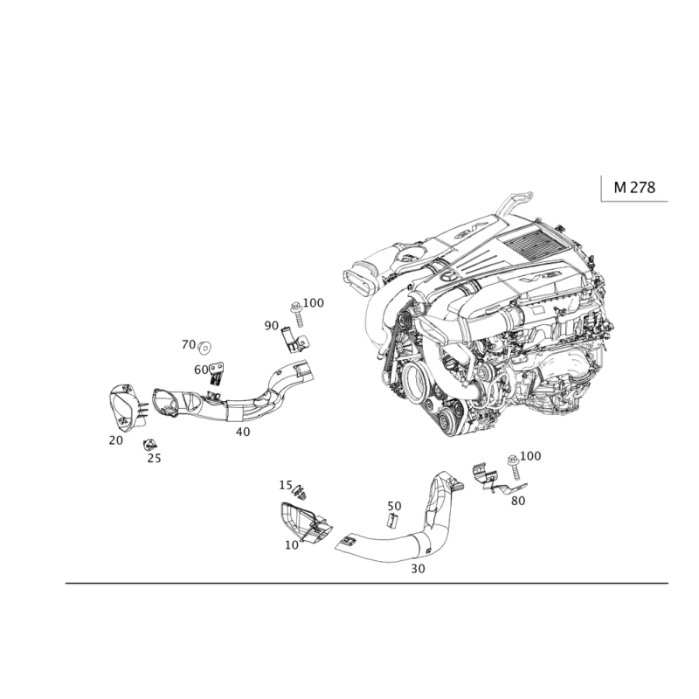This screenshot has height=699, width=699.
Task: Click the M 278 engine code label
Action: [634, 187]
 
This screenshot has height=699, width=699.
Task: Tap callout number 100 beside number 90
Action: [315, 302]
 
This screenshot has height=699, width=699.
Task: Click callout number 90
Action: [271, 325]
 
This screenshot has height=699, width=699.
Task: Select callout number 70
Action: [189, 344]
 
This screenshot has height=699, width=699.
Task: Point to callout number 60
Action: [201, 370]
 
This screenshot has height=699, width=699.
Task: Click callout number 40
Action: [243, 431]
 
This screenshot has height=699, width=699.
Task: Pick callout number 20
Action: [115, 439]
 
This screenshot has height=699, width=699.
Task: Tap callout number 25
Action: [156, 456]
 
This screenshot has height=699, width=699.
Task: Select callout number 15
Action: [285, 485]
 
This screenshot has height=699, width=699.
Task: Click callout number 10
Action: [292, 543]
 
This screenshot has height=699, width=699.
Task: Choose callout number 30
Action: [418, 568]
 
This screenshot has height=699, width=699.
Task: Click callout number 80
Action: [517, 502]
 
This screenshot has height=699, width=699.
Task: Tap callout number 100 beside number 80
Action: [532, 455]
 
